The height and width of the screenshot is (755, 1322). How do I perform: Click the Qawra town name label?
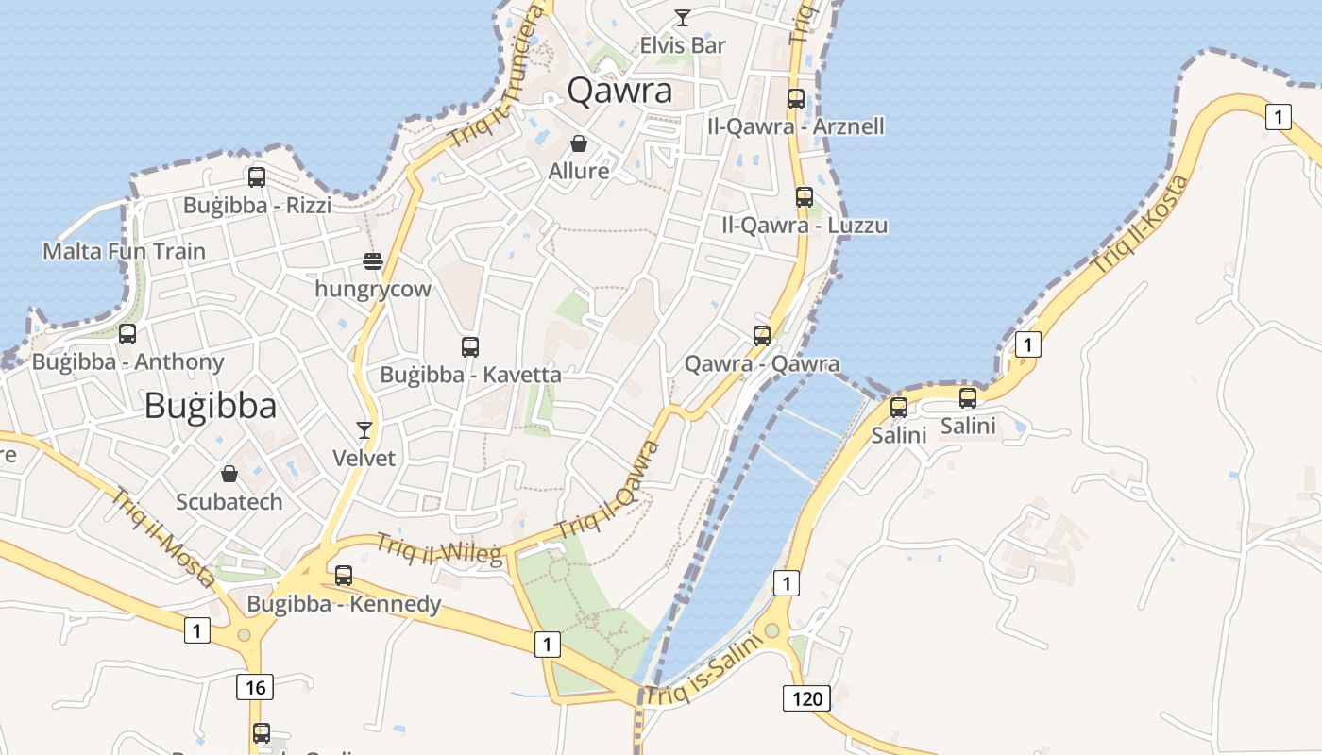coord(619,91)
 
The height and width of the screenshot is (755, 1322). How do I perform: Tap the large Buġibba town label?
coord(211,406)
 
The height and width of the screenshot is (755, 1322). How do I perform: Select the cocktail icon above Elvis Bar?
coord(682,17)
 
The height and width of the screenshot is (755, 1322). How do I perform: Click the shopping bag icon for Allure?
coord(578,143)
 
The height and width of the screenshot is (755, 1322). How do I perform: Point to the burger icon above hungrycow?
coord(373,261)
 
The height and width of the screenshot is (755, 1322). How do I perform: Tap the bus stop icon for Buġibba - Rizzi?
coord(256,176)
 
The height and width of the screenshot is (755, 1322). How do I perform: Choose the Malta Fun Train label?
coord(124,251)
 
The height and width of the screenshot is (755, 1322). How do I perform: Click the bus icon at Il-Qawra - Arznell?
coord(796,98)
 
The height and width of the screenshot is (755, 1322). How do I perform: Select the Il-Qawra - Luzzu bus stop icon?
coord(805,197)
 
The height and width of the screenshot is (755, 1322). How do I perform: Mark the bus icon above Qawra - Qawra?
coord(762,335)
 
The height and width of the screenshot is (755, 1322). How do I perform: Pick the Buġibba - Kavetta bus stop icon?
coord(470,346)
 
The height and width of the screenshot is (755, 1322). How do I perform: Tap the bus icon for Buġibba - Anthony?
coord(127,333)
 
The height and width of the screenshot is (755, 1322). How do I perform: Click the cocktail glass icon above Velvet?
coord(364,430)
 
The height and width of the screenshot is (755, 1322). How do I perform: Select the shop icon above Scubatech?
coord(229,474)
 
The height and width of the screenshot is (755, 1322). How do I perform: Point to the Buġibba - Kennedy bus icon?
coord(344,575)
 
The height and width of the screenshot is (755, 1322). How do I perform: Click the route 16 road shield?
coord(255,687)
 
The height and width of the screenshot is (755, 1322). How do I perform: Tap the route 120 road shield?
coord(805,698)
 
